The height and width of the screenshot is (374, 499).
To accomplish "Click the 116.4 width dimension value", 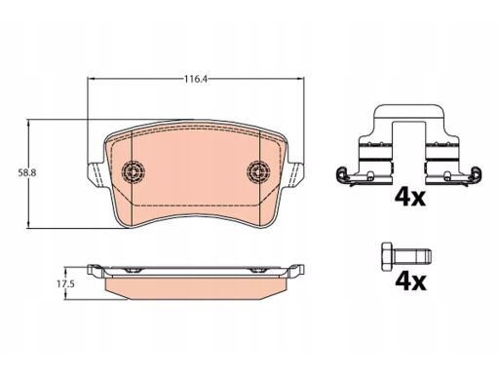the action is [x=196, y=79].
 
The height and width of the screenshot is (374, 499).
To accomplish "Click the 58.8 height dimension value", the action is [x=27, y=173].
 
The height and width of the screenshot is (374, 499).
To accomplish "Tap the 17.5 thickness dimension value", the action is [x=66, y=284].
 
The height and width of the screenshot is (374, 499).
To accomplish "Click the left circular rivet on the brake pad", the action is [x=134, y=171].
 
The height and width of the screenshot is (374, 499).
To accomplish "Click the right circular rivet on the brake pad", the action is [x=258, y=171].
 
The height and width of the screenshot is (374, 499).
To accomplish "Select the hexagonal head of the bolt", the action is [x=387, y=256].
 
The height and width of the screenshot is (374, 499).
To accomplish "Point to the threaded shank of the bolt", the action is [x=412, y=256].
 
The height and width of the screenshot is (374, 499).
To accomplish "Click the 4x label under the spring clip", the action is [x=410, y=198].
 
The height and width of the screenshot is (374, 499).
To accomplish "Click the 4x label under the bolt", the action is [x=410, y=281].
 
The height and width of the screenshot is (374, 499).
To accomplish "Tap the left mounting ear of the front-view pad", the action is [x=96, y=174].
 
